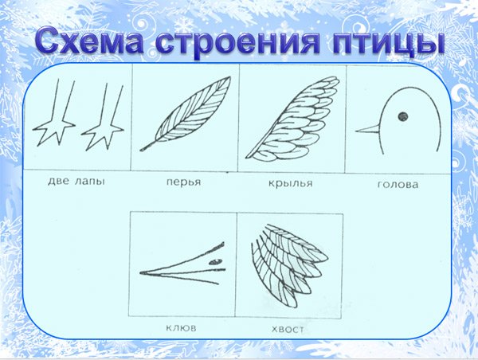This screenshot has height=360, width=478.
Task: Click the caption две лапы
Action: click(76, 182)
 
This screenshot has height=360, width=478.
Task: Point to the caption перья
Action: click(184, 182)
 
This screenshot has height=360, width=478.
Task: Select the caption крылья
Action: click(291, 183)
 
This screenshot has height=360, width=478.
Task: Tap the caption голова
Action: click(398, 185)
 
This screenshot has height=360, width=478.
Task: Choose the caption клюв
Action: click(181, 328)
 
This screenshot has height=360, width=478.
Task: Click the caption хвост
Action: click(288, 329)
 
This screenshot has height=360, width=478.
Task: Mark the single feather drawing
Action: click(186, 113)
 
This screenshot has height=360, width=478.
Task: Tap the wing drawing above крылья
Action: click(292, 119)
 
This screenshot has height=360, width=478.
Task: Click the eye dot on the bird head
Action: click(403, 116)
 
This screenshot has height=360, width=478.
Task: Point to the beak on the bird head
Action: click(367, 129)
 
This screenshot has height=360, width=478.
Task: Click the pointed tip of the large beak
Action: click(140, 272)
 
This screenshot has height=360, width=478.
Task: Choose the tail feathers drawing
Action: click(290, 265)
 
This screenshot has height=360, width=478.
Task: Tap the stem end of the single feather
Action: click(141, 150)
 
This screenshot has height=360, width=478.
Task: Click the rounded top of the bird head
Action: click(409, 88)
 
